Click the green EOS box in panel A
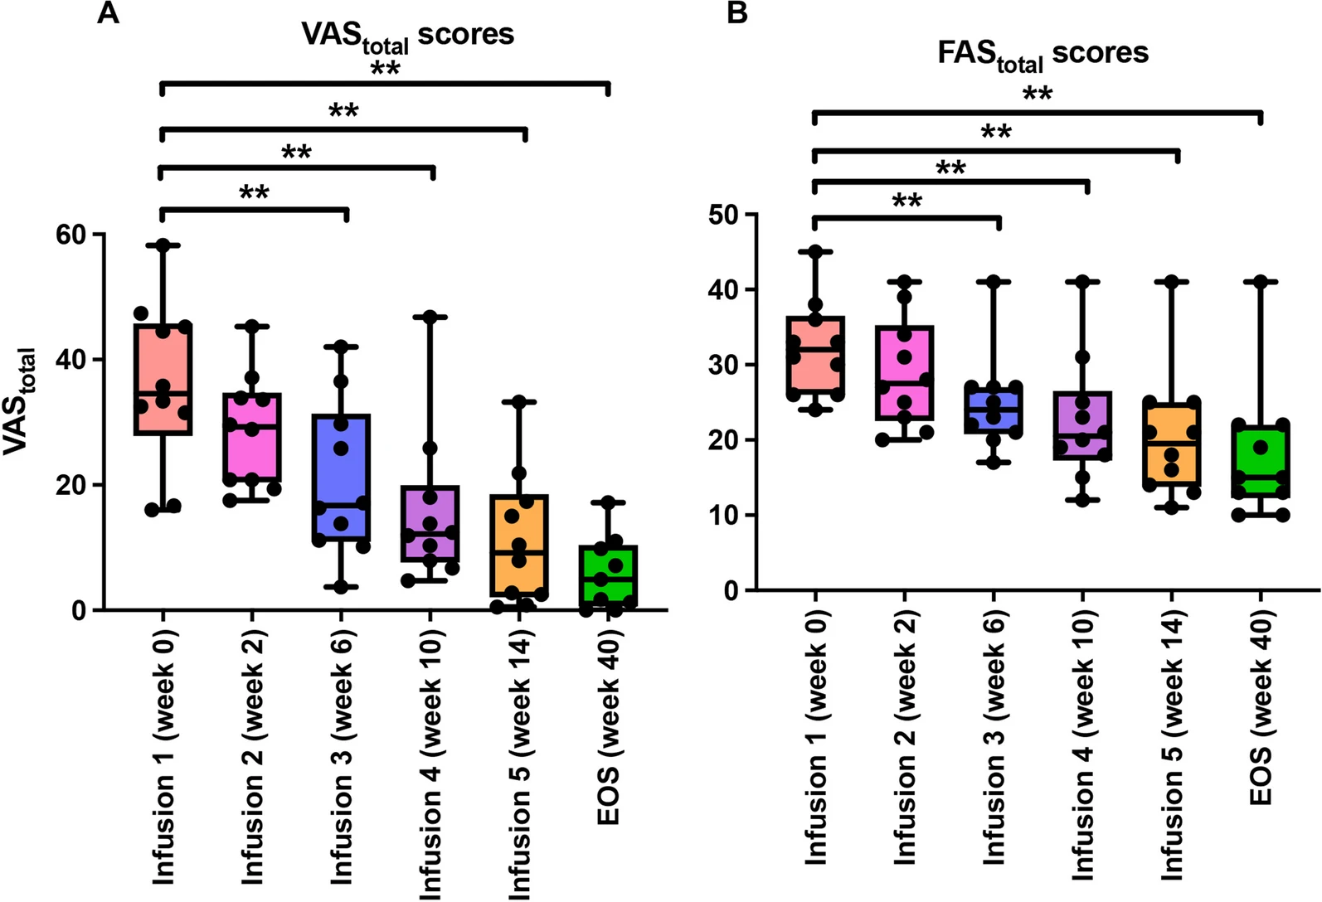tap(608, 578)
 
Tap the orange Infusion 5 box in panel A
tap(518, 545)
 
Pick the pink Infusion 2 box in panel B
tap(904, 373)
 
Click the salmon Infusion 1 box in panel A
tap(163, 378)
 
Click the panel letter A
tap(109, 12)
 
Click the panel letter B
tap(737, 12)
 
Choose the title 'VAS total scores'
tap(406, 36)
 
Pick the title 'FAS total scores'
tap(1043, 55)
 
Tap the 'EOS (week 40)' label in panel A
tap(610, 727)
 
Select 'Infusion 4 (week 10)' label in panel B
tap(1083, 745)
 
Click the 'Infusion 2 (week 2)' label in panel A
tap(253, 756)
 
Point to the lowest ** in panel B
tap(907, 201)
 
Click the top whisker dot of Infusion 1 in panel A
tap(163, 245)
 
